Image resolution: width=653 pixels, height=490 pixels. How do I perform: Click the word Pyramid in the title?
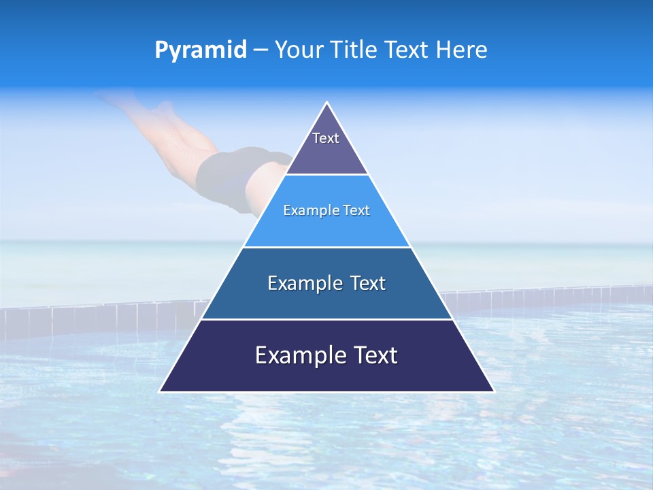(x=201, y=50)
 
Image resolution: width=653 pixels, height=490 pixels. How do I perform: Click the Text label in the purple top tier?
(x=326, y=138)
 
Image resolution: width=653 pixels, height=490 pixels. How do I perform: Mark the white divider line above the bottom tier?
(x=326, y=319)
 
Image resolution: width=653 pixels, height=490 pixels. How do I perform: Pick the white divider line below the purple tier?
(x=326, y=175)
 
